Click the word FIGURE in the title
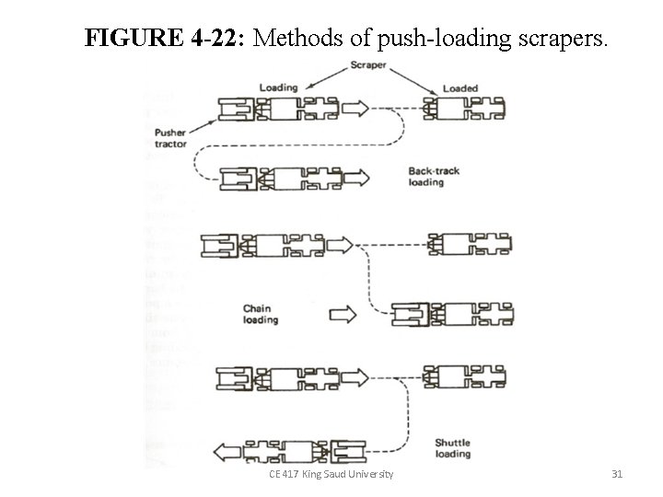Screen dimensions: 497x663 [135, 38]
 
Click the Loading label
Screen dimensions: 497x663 [278, 87]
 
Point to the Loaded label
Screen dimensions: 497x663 [460, 88]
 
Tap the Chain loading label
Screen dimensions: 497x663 [261, 314]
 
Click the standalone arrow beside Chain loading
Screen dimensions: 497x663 [342, 315]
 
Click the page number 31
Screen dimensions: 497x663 [617, 474]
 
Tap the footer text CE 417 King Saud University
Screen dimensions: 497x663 [331, 474]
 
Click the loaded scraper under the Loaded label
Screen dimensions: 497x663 [465, 110]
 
